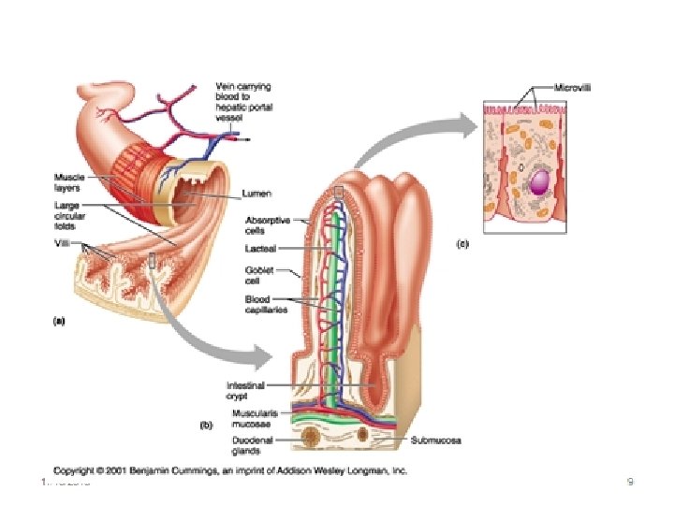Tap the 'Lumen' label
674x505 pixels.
pos(256,194)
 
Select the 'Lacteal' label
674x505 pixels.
pos(261,249)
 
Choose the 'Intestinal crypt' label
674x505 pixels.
pos(247,390)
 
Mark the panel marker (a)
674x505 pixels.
pos(57,320)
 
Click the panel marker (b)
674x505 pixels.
pos(210,424)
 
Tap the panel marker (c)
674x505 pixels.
pos(463,244)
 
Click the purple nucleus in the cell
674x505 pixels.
pos(539,183)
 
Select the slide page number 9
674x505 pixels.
pos(631,483)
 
